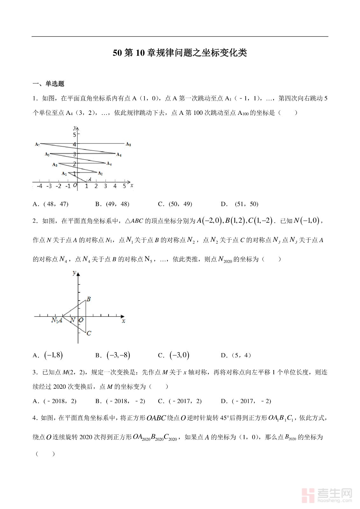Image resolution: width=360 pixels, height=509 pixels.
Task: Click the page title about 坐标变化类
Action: coord(180,53)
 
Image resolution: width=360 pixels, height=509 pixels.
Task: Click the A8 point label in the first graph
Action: coord(128,144)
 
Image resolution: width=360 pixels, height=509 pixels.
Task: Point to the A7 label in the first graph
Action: coord(37,144)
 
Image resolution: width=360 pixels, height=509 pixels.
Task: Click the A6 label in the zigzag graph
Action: coord(119,155)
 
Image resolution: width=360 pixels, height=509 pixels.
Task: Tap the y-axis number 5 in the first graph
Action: coord(74,135)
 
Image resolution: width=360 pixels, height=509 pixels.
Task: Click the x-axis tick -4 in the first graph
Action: coord(39,186)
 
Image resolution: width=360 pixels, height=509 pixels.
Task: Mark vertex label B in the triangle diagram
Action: coord(89,299)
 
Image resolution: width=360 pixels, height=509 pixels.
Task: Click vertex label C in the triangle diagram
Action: coord(89,333)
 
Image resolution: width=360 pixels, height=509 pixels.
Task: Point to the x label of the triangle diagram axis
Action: coord(124,321)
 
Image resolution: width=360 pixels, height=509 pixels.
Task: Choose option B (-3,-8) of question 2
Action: coord(113,355)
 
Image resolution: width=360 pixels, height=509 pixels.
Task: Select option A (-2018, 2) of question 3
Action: coord(54,401)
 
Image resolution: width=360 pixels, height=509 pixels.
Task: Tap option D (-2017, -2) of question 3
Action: coord(246,401)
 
